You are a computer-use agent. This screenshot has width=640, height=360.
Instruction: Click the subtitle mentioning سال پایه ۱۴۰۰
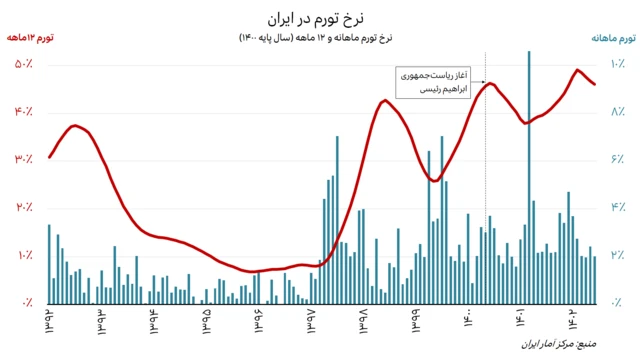(x=319, y=39)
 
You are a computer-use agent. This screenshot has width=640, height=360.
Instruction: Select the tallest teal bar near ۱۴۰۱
(x=529, y=180)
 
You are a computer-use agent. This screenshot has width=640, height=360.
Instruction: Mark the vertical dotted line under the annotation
(x=486, y=200)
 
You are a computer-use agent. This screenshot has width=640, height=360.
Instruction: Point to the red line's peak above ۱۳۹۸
(x=385, y=100)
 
